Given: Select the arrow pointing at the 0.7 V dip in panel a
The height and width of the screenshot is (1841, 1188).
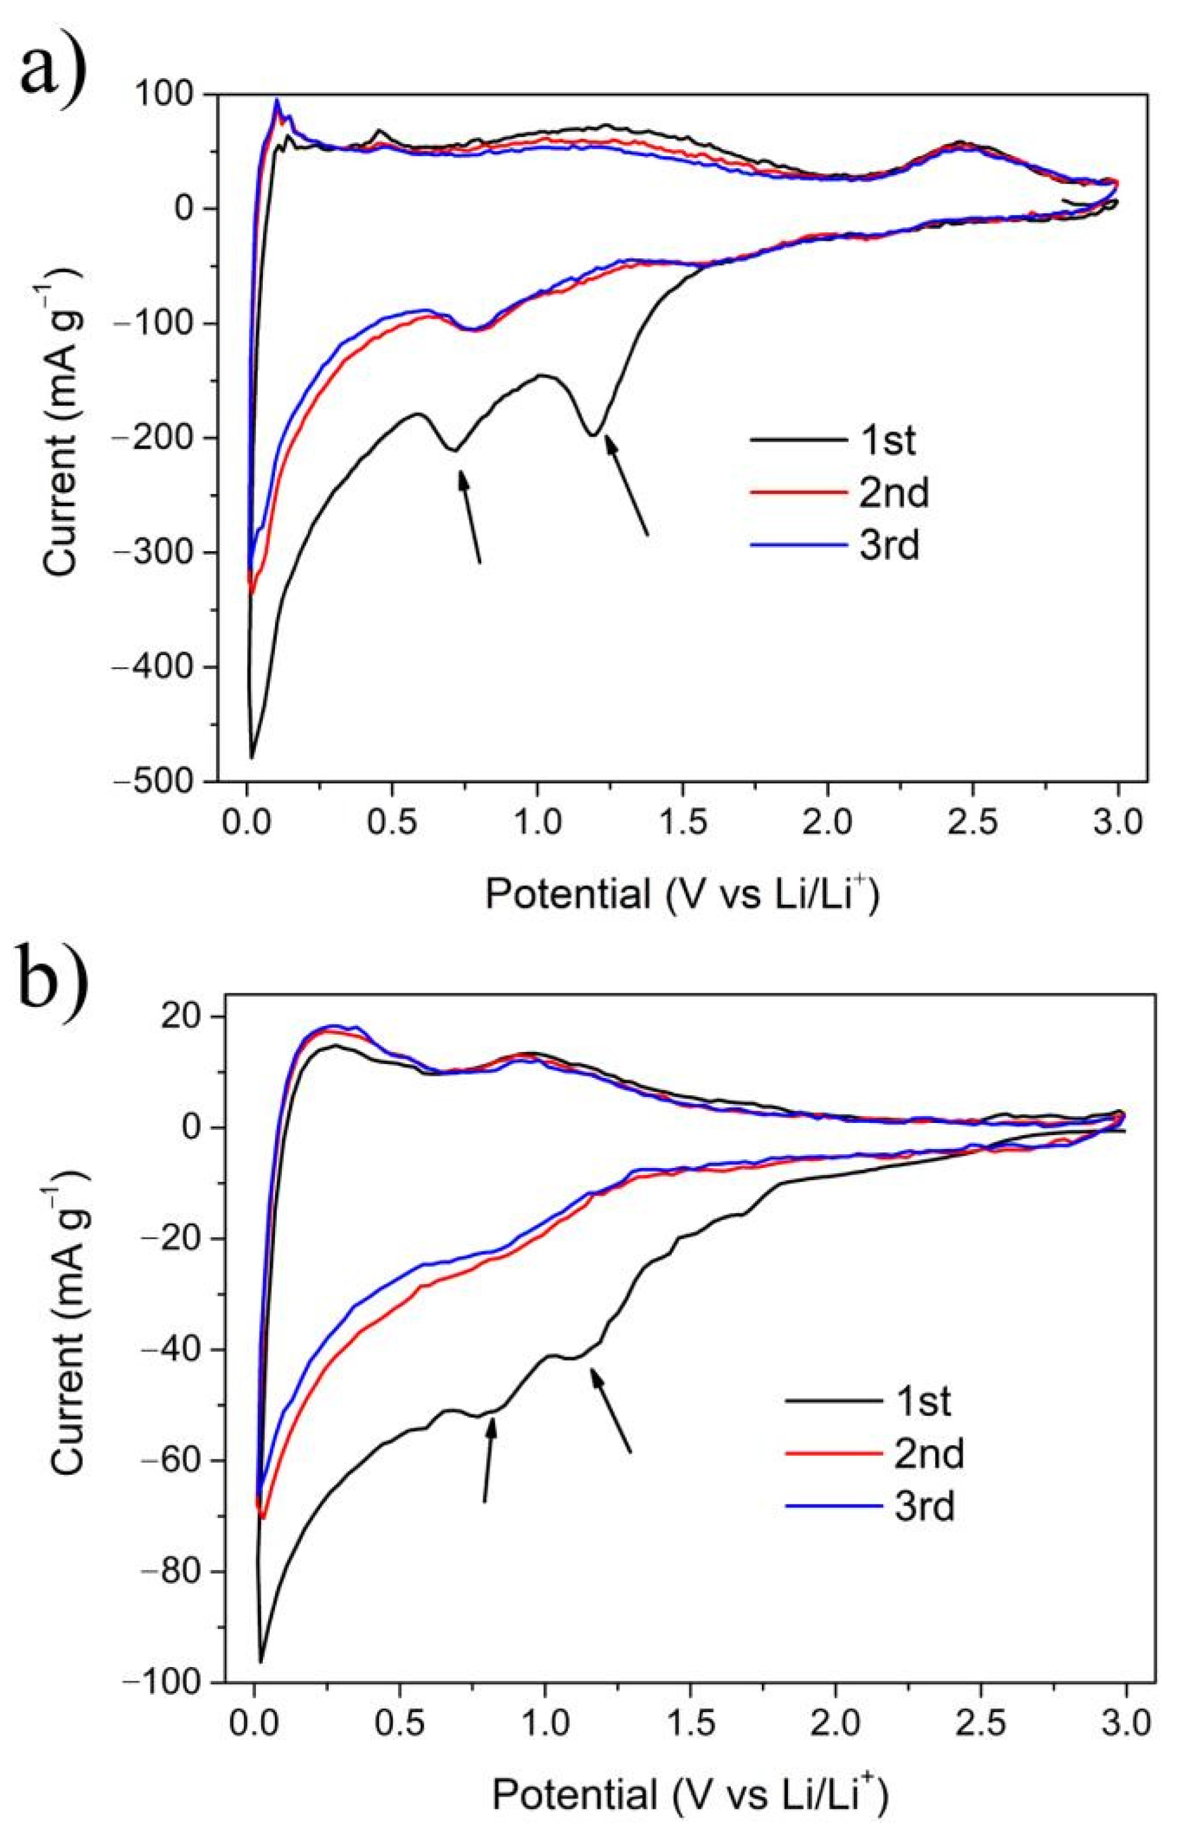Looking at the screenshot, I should (x=470, y=516).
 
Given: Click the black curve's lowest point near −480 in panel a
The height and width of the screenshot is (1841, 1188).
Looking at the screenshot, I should (x=251, y=757).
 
